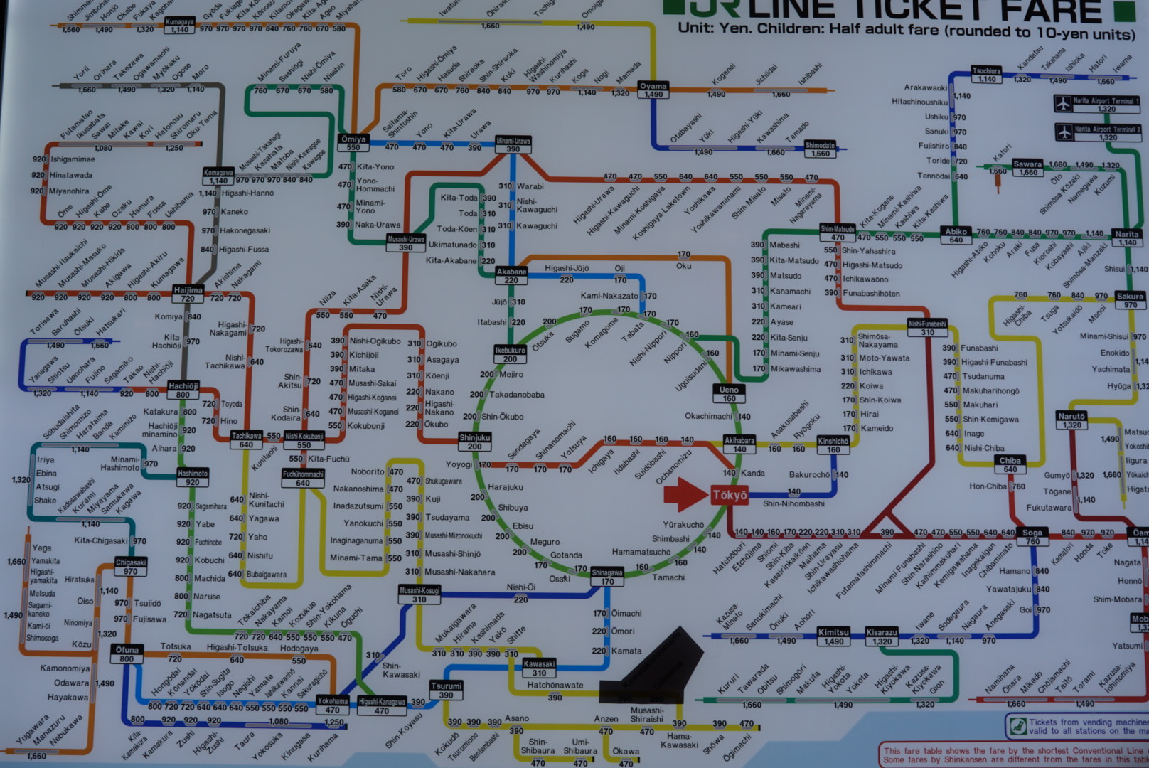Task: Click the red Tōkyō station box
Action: click(730, 495)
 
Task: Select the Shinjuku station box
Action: click(474, 442)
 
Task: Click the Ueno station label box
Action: click(729, 393)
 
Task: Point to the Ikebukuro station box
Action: click(510, 354)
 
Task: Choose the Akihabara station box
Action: click(739, 444)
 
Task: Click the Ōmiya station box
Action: click(353, 143)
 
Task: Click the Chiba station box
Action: click(1010, 464)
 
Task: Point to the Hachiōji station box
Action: click(183, 390)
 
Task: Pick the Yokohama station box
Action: click(332, 705)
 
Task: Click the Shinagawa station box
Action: click(607, 577)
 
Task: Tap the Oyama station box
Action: click(653, 90)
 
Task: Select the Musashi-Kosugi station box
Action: click(419, 594)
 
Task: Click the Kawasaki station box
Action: click(539, 668)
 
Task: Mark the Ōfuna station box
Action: click(127, 654)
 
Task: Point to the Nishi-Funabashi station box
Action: click(927, 328)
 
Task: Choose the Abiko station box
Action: click(956, 235)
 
